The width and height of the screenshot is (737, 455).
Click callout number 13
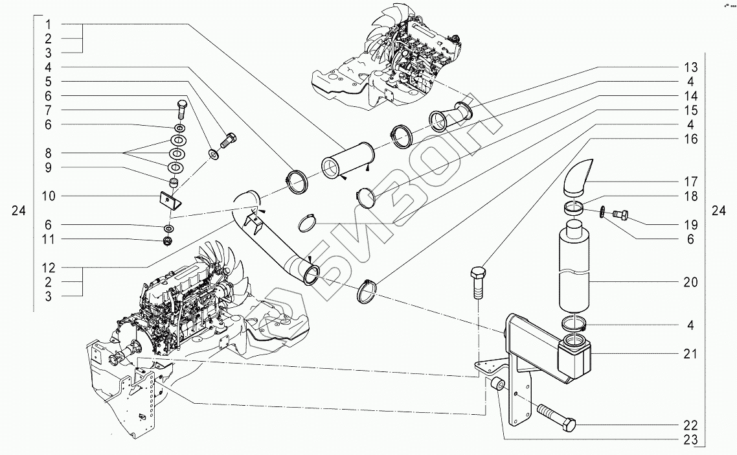690,67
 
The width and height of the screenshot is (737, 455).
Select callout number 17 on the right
690,181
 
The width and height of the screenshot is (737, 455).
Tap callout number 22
690,426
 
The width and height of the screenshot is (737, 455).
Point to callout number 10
50,196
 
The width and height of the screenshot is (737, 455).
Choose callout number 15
690,110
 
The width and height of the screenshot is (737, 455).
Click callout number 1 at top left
50,24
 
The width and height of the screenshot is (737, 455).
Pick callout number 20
690,282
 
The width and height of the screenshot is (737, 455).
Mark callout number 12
50,267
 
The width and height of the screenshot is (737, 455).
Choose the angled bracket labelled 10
170,198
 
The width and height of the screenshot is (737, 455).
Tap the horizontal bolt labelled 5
229,140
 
